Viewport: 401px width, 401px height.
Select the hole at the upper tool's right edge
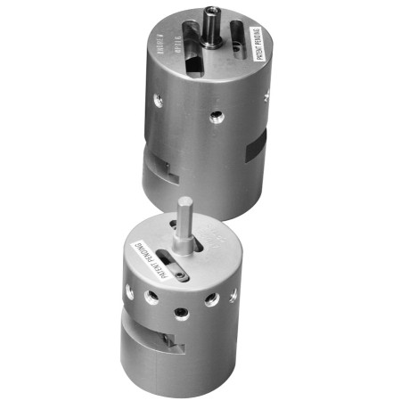(265, 97)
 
